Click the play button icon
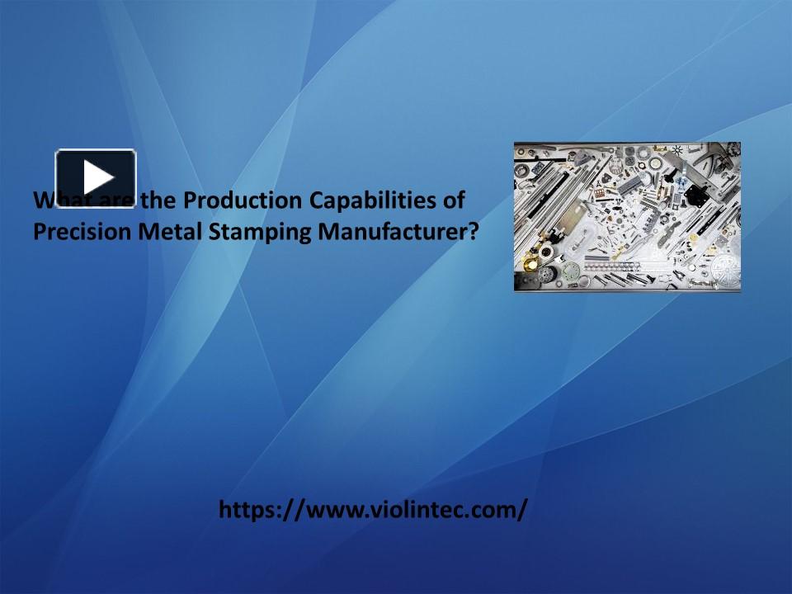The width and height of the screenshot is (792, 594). pyautogui.click(x=96, y=177)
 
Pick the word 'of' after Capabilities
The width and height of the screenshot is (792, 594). pyautogui.click(x=453, y=200)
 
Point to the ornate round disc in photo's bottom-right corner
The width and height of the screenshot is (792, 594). pyautogui.click(x=724, y=271)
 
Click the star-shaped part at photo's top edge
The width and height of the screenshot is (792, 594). pyautogui.click(x=678, y=150)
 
